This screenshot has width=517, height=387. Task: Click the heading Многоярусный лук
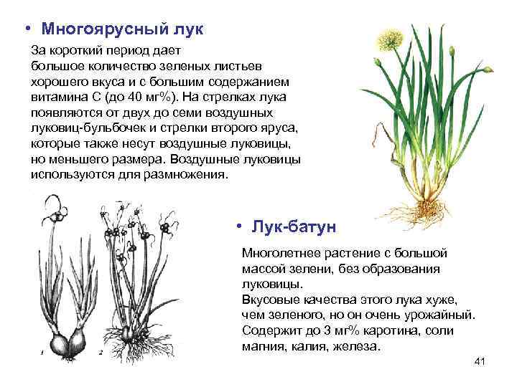(x=122, y=29)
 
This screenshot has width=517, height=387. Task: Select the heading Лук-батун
(x=293, y=226)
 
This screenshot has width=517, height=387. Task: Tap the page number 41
(x=480, y=360)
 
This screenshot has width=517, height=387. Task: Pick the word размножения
(x=187, y=174)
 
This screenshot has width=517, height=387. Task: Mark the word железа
(x=353, y=346)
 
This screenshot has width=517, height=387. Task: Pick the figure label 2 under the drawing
(x=101, y=353)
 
